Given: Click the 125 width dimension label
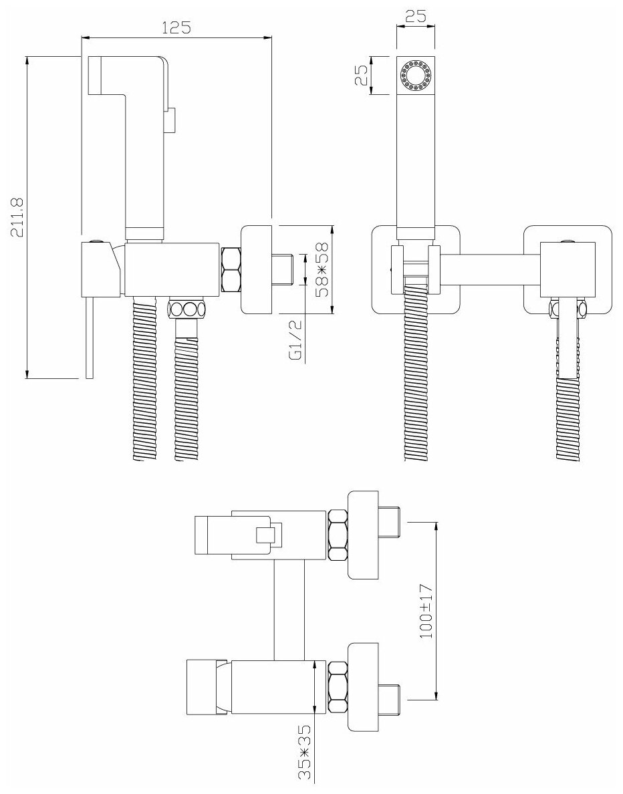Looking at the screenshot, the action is point(177,27).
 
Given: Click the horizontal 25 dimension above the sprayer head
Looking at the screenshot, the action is point(416,17).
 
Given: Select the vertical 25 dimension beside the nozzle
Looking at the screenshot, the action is point(362,75).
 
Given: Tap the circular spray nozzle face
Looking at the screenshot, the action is point(416,75).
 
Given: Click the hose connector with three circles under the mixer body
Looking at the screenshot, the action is point(186,309).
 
